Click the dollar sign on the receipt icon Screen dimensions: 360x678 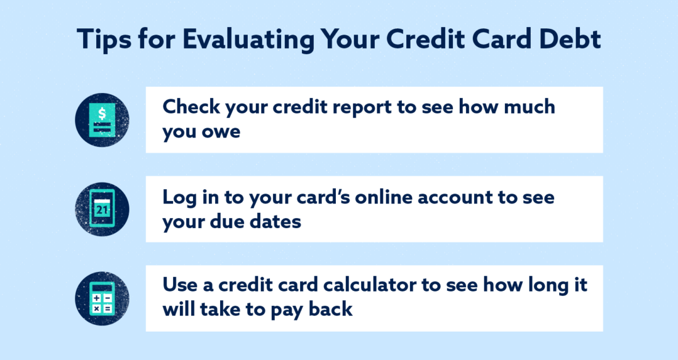point(102,113)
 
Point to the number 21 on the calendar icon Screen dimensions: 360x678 point(102,210)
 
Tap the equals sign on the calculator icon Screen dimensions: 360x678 point(107,306)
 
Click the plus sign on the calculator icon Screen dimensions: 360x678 point(96,297)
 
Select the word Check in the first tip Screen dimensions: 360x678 point(192,107)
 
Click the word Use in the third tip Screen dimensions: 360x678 point(181,285)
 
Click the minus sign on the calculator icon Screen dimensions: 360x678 point(107,297)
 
